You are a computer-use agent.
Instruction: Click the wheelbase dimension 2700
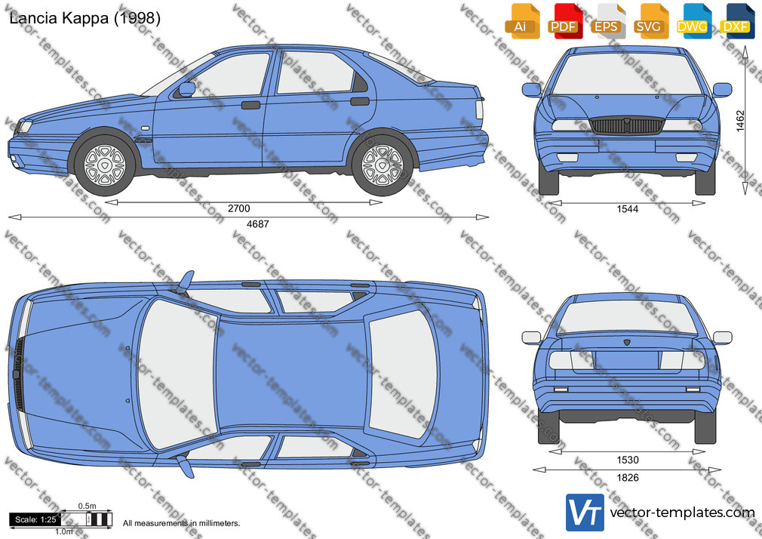point(239,208)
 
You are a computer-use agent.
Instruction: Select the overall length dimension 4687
point(257,224)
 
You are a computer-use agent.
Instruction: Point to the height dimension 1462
point(740,121)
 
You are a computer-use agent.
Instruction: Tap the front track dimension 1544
point(628,209)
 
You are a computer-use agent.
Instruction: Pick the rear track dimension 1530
point(628,460)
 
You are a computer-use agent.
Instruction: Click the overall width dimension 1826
point(628,478)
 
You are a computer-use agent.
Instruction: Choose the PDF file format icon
point(564,21)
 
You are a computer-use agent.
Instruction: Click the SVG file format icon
point(649,21)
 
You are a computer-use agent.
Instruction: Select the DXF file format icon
point(736,21)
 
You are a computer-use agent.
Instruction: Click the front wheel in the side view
point(104,165)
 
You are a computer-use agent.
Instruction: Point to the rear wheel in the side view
point(383,165)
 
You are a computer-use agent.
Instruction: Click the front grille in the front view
point(627,125)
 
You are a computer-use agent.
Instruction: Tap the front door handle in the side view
point(250,105)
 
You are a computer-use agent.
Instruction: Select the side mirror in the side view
point(186,89)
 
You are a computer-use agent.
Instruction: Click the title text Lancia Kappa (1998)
point(84,18)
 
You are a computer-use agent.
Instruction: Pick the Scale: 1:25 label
point(35,519)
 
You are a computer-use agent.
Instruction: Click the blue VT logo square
point(585,513)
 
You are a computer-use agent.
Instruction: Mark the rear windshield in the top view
point(402,372)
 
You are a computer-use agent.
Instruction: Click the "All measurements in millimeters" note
point(181,523)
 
